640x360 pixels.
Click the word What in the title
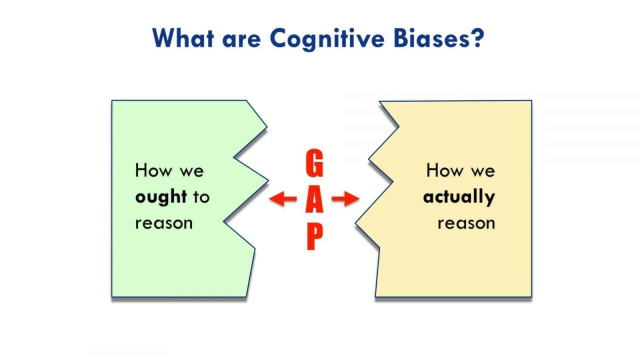(183, 37)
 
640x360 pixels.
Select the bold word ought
(160, 197)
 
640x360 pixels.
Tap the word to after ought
(201, 197)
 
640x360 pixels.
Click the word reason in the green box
(163, 223)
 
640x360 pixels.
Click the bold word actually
(459, 197)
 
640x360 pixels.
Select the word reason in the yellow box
(466, 223)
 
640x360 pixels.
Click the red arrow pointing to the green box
(283, 199)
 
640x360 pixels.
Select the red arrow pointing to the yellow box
(345, 199)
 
